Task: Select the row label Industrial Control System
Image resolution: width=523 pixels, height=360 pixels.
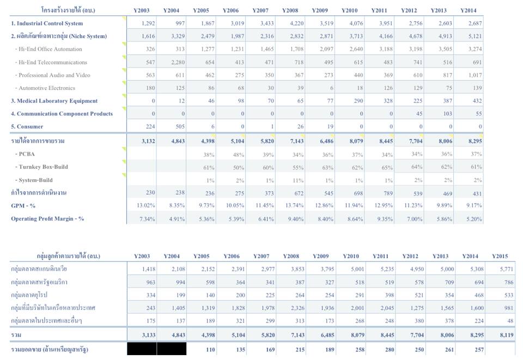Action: click(47, 23)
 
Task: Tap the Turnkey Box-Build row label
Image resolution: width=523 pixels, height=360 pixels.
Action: click(43, 167)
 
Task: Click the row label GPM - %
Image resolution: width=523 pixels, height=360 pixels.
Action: click(25, 206)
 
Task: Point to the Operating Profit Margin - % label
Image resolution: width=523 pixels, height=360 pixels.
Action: click(48, 219)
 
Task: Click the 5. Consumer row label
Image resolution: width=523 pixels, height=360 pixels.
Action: click(27, 127)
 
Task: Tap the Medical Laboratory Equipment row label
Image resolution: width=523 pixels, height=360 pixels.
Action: click(54, 101)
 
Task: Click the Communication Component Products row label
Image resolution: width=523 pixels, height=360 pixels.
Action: click(62, 114)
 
